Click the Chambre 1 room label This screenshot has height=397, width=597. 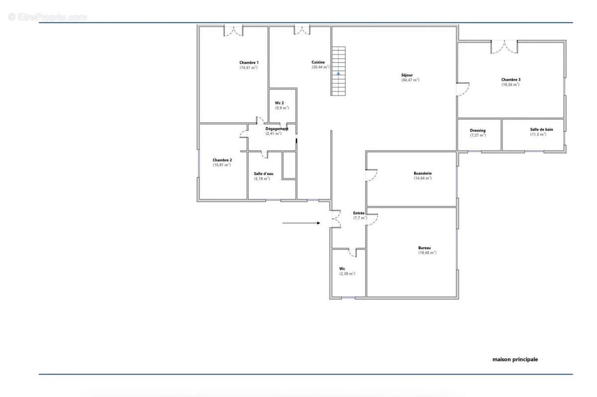[x=249, y=63]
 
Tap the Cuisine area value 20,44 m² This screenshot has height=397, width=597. [x=320, y=67]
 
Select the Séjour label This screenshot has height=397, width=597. [x=407, y=75]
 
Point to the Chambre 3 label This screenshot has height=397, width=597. [x=510, y=79]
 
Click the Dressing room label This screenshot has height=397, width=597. [x=478, y=131]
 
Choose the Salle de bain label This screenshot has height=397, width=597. [x=542, y=129]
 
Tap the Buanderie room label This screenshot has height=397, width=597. [x=423, y=173]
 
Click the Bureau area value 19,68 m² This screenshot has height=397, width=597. [x=427, y=253]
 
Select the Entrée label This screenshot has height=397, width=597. [x=359, y=213]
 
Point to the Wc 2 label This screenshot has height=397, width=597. [x=279, y=103]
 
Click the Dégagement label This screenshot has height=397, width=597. [x=277, y=129]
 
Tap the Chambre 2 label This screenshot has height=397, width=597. [x=222, y=160]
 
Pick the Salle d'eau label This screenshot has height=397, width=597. [x=263, y=173]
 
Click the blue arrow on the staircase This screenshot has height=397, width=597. [x=338, y=73]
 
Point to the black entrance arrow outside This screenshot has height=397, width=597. [x=301, y=223]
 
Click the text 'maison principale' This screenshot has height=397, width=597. [x=515, y=359]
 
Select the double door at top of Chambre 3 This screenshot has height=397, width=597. [x=504, y=47]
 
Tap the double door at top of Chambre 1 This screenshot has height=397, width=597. [x=233, y=31]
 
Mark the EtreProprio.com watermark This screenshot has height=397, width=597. [x=47, y=17]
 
